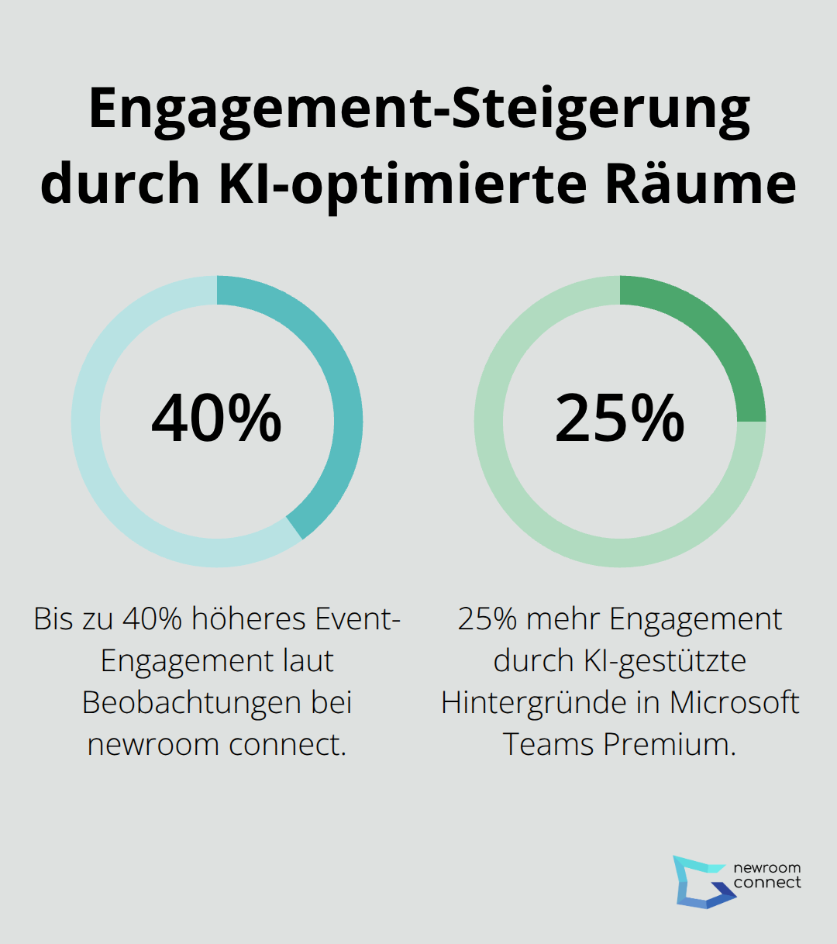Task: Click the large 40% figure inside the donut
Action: click(x=216, y=419)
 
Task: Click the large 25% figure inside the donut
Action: click(x=619, y=419)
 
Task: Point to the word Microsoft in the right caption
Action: click(x=734, y=702)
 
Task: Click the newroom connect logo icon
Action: click(x=699, y=881)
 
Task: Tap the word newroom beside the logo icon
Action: click(x=766, y=868)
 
